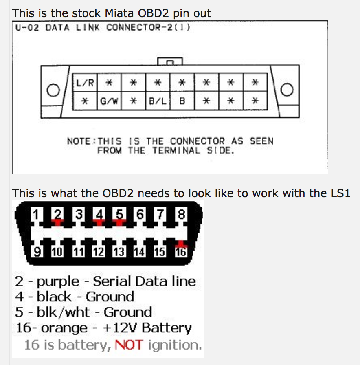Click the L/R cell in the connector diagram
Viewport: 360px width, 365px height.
tap(84, 83)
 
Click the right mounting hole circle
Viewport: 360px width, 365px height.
tap(287, 90)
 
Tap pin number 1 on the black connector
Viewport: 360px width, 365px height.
tap(37, 214)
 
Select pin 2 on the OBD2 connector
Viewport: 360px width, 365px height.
tap(58, 214)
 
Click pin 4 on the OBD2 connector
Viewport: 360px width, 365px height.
tap(99, 214)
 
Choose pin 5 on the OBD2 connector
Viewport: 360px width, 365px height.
tap(119, 214)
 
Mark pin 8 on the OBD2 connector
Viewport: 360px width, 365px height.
tap(181, 214)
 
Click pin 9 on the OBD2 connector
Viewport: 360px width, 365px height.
tap(37, 252)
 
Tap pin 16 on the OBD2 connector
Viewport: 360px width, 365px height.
tap(181, 252)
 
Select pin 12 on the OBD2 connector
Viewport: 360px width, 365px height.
tap(99, 252)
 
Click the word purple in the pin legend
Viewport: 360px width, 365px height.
tap(58, 281)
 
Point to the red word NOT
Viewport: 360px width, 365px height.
tap(129, 345)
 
